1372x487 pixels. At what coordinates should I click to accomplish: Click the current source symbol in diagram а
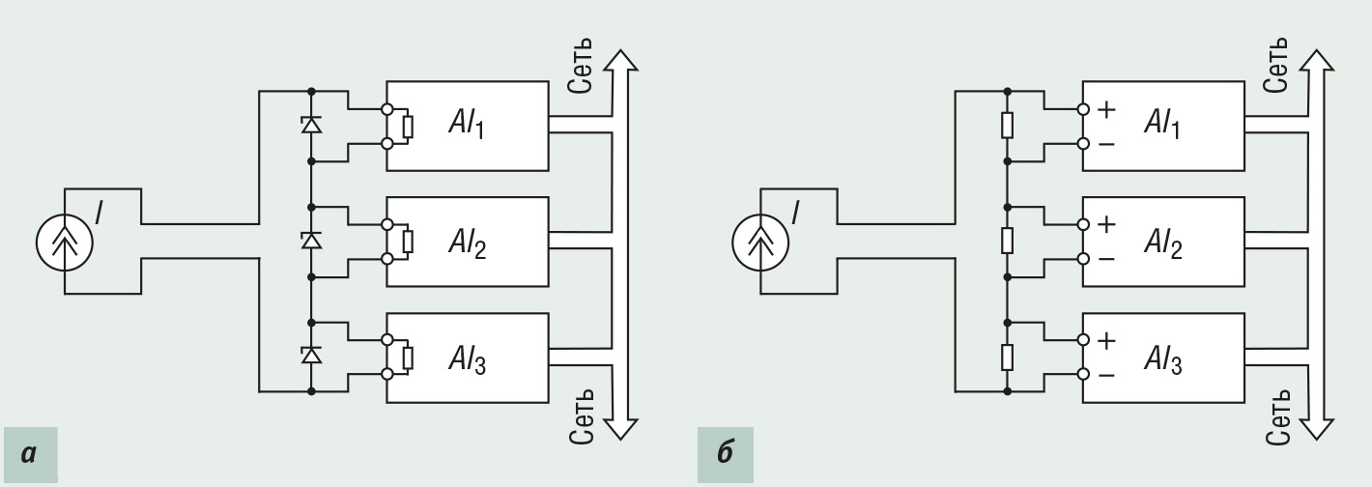click(65, 241)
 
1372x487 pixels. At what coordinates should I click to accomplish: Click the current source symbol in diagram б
click(761, 241)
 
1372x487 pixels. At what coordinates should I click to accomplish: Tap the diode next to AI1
click(311, 125)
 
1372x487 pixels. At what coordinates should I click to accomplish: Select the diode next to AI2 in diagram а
click(311, 240)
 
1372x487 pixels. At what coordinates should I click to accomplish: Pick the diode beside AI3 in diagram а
click(311, 355)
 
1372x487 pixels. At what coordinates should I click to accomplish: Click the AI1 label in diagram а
click(467, 125)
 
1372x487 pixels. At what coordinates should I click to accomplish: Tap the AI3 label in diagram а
click(467, 361)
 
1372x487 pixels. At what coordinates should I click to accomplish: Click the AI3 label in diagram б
click(1162, 361)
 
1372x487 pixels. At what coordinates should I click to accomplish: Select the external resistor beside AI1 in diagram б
click(1007, 125)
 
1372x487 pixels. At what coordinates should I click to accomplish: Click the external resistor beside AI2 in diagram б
click(1007, 240)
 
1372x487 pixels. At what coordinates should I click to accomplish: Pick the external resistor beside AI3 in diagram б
click(1007, 356)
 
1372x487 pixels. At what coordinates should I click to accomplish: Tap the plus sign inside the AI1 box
click(1106, 109)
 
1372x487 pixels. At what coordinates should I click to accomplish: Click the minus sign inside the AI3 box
click(1106, 375)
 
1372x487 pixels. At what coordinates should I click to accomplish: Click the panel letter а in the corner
click(28, 451)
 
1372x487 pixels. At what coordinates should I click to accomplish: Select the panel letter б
click(725, 451)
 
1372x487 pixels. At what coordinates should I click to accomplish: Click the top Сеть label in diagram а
click(581, 68)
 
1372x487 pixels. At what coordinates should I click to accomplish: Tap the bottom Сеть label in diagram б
click(1277, 415)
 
